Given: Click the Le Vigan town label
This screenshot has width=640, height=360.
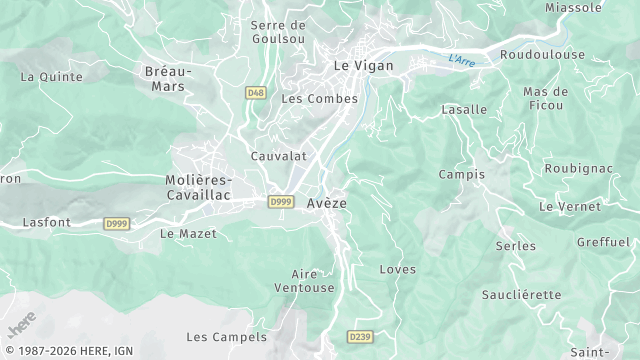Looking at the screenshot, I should click(363, 66).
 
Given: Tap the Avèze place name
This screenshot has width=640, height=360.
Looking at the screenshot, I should click(327, 203).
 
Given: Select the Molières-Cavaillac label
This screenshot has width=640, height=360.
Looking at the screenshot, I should click(197, 187).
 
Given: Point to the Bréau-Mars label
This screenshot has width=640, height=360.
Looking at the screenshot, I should click(166, 79).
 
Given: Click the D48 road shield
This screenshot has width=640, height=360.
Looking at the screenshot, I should click(256, 92).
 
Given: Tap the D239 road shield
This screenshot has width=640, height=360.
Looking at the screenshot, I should click(360, 337).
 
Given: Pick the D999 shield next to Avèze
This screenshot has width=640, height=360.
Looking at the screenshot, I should click(281, 202).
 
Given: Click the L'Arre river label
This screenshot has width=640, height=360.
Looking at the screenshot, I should click(461, 60).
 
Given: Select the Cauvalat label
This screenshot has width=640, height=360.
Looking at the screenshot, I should click(278, 157).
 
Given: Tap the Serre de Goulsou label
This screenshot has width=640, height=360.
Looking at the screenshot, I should click(278, 33).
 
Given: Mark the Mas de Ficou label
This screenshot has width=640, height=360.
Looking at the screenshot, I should click(545, 98).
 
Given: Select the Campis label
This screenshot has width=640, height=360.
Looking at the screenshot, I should click(461, 174).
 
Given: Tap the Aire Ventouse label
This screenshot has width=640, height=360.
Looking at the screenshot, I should click(312, 281).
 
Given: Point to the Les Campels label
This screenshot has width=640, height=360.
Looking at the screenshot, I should click(227, 338).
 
